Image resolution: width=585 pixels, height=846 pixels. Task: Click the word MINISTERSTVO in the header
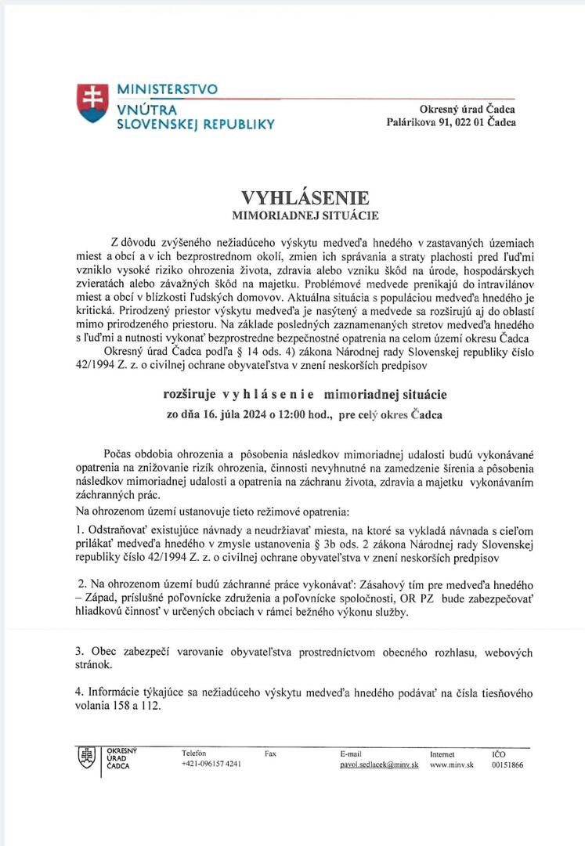tap(168, 89)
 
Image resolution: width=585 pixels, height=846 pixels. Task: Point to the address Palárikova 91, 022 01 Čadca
tap(452, 122)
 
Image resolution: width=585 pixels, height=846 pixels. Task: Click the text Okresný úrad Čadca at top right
tap(468, 109)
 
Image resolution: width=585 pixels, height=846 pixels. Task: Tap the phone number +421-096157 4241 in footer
tap(211, 765)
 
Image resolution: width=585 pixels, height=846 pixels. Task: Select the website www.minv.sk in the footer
tap(450, 765)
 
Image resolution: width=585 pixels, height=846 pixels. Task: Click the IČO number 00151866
tap(507, 765)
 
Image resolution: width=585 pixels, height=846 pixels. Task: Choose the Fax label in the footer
tap(271, 754)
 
